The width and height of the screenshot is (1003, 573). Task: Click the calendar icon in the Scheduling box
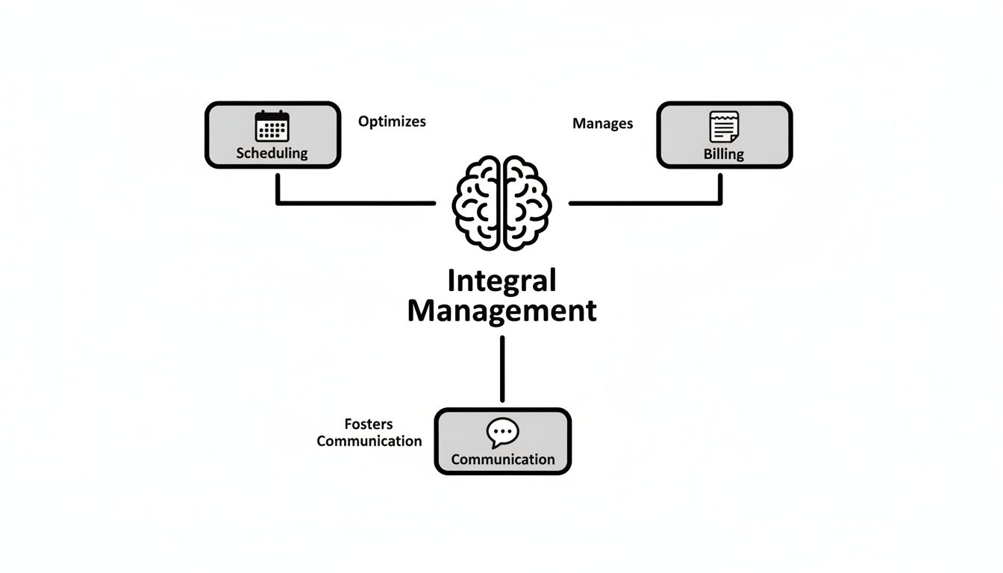coord(272,126)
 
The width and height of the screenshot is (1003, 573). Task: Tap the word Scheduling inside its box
coord(272,153)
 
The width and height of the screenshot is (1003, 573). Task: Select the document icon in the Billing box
coord(724,127)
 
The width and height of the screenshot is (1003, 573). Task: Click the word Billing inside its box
coord(724,154)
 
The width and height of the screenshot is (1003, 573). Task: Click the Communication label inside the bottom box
coord(502,460)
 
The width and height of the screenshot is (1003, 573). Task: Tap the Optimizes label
coord(392,122)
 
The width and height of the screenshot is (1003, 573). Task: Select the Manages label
coord(602,124)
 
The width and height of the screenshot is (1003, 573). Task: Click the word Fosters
coord(369,425)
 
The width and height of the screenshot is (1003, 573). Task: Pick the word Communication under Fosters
coord(369,441)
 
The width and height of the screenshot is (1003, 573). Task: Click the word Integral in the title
coord(501,281)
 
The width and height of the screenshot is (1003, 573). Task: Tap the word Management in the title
coord(501,310)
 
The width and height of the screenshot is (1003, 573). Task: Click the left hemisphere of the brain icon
coord(478,203)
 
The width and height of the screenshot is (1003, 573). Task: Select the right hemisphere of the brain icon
coord(528,203)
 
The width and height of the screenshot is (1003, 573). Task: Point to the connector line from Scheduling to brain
coord(358,202)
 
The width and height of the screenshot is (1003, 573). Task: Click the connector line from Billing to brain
coord(642,202)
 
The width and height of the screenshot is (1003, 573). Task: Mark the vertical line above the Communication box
coord(502,369)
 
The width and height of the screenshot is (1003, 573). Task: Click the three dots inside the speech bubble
coord(502,431)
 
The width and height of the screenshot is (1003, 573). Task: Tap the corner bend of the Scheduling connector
coord(278,202)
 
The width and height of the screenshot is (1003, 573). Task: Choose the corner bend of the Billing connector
coord(720,202)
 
